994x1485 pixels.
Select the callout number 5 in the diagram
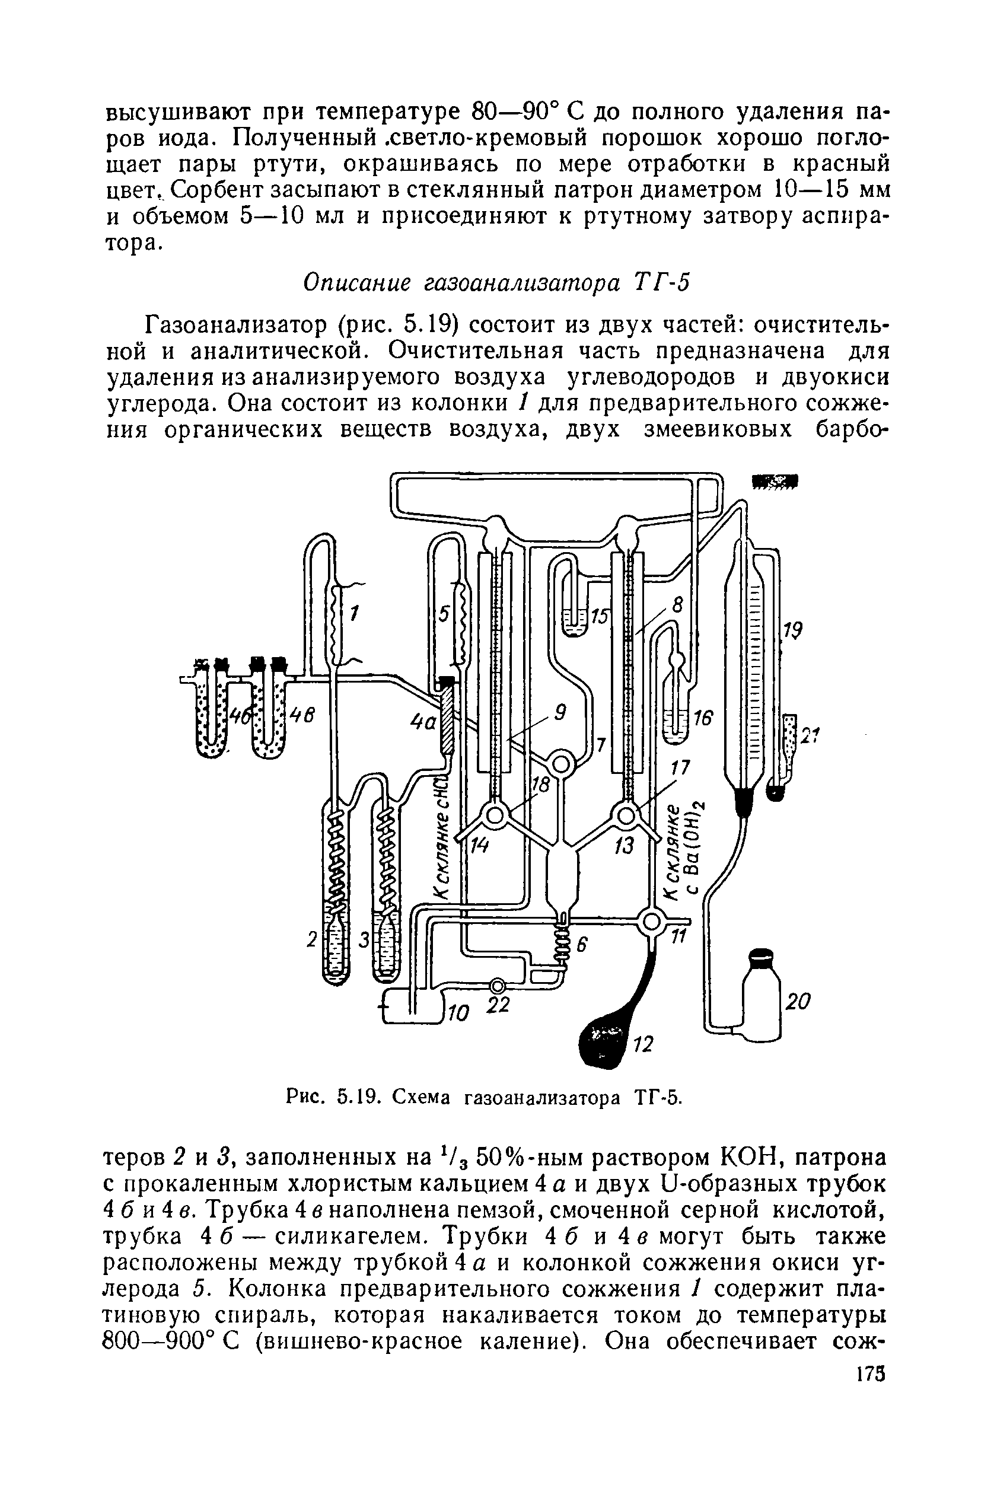click(x=444, y=614)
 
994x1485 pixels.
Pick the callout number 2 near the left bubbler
click(x=311, y=941)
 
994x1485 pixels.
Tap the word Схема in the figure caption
click(x=424, y=1097)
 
